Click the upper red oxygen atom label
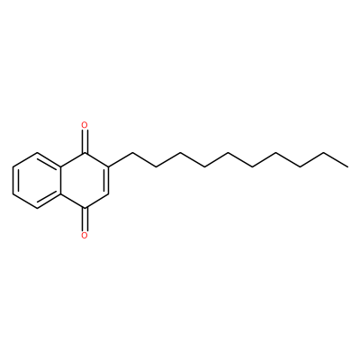point(85,124)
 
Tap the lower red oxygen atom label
point(85,235)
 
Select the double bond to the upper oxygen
point(85,141)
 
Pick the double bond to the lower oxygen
point(85,219)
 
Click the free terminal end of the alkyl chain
point(348,166)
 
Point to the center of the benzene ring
point(37,180)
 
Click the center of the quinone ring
point(85,180)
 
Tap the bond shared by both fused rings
point(61,180)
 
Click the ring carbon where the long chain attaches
point(109,166)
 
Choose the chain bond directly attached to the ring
point(121,159)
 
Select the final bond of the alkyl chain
point(336,159)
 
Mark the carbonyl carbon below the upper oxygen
point(85,152)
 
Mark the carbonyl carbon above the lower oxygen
point(85,208)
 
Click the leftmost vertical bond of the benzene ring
point(13,180)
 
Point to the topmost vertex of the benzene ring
point(37,152)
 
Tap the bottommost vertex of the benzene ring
point(37,208)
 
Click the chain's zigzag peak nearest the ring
point(132,152)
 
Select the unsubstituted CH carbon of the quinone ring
point(109,193)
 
